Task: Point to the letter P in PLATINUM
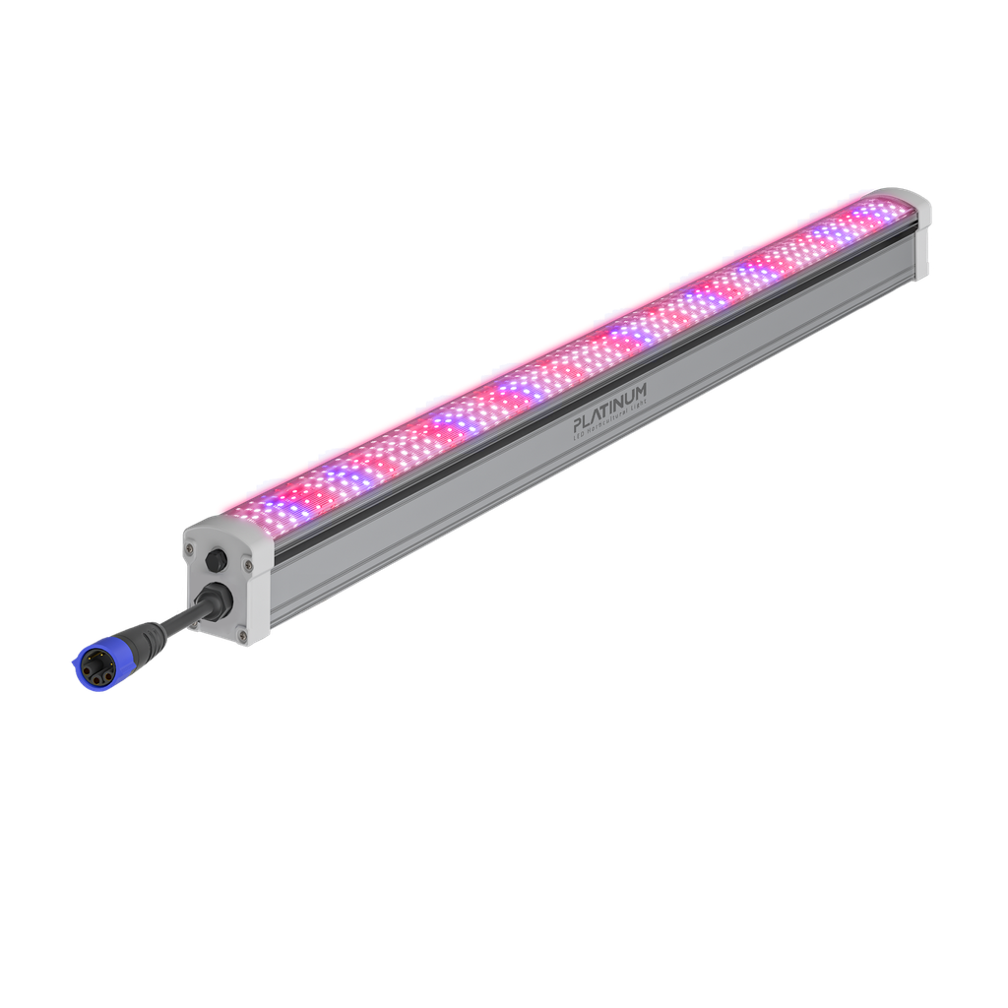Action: pos(579,425)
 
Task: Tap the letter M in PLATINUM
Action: pos(642,392)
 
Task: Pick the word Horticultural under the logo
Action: pos(605,425)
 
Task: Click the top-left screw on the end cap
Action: pos(190,547)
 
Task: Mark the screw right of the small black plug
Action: pos(247,564)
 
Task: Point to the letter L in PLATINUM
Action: pos(589,420)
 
